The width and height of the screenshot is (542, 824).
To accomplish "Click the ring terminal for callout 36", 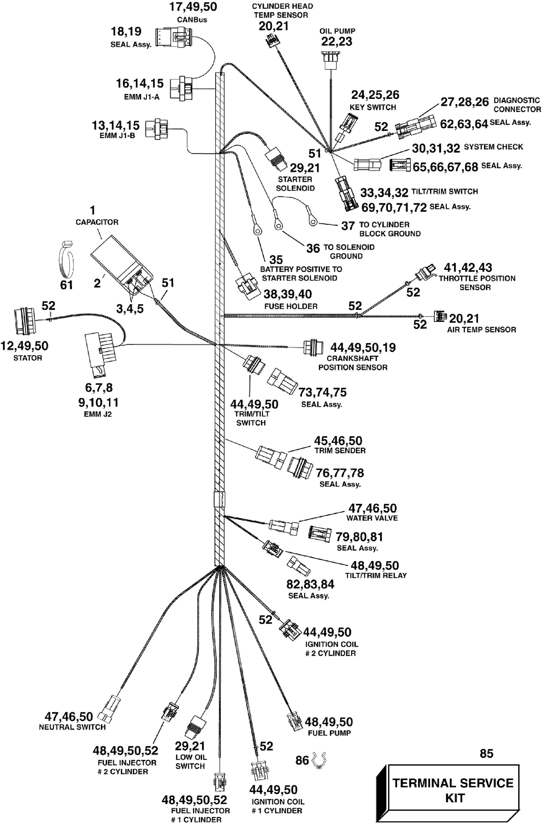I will [x=278, y=224].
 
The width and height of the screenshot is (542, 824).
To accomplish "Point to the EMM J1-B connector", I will [x=157, y=129].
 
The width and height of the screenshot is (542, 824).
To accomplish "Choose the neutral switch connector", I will [x=110, y=709].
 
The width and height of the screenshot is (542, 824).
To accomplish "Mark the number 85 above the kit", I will [x=486, y=753].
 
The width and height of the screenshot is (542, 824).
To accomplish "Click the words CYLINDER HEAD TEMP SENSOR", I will [x=282, y=11].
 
